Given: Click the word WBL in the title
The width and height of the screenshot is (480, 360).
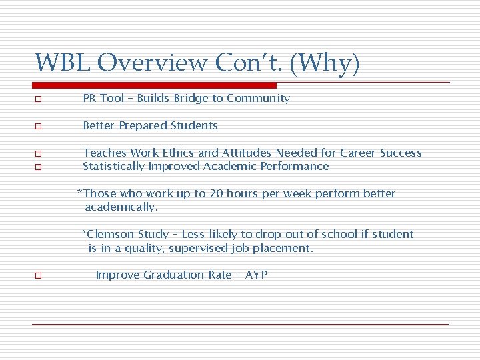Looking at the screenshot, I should pos(63,63).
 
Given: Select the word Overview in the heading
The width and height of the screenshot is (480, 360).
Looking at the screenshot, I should pos(153,63).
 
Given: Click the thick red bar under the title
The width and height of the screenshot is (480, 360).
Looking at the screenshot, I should pos(155,85).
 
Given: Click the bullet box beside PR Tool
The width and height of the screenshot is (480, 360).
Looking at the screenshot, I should pos(39,99).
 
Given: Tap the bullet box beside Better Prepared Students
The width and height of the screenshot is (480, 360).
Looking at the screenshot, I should pos(39,127).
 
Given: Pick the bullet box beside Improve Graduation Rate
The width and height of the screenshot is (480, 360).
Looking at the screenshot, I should pos(39,276).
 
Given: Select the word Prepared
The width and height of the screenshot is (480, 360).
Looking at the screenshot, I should pos(143,125).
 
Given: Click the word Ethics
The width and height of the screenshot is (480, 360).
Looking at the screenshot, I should pos(176,153).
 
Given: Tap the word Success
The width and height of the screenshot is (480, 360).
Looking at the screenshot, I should pos(401,153).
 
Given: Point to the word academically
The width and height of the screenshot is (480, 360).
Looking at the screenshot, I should pos(121,207).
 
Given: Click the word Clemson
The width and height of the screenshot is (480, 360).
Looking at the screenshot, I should pos(110,234).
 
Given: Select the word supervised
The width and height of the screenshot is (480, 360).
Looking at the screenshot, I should pos(198,248).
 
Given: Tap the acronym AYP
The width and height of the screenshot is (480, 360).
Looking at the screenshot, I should pos(255,275).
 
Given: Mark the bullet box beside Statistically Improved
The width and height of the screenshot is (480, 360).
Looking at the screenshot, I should pos(39,167).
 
